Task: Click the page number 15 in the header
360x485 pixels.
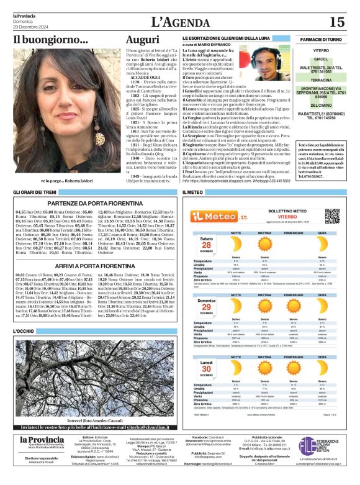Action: (336, 22)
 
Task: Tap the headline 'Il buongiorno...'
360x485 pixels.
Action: (51, 40)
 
